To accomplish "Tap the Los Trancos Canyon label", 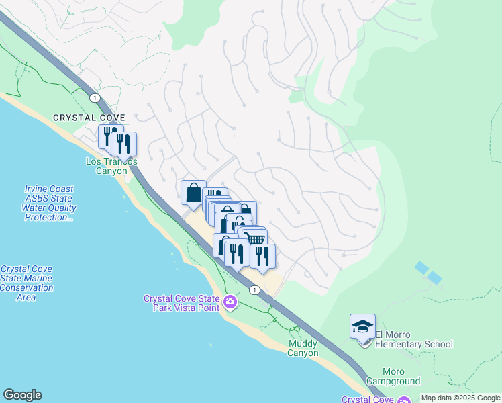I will click(111, 166).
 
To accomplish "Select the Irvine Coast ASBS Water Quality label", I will click(49, 204).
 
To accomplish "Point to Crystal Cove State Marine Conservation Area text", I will click(27, 283).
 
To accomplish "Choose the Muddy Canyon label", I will click(303, 348).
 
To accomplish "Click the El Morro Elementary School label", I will click(413, 340).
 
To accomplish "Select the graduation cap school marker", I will click(362, 327).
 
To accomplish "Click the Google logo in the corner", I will click(22, 395).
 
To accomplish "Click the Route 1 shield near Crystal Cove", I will click(95, 98).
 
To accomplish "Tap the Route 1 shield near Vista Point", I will click(254, 289).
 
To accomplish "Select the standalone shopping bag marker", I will click(193, 193).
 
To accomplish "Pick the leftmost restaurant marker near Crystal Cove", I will click(109, 136).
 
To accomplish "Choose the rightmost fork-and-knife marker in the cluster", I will click(262, 256).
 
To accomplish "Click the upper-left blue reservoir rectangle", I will click(421, 267).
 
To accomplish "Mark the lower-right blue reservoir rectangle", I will click(435, 277).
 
